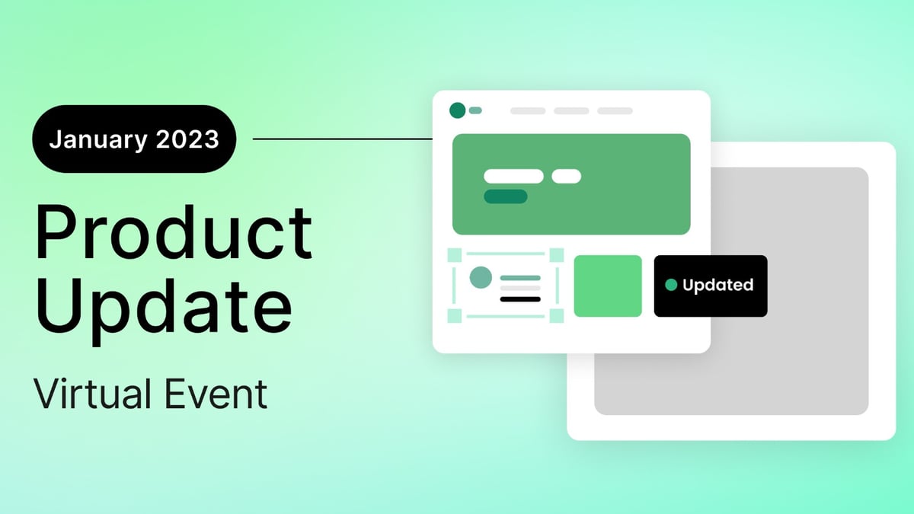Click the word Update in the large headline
tap(163, 303)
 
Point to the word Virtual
tap(90, 394)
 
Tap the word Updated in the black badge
tap(717, 286)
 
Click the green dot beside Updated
tap(671, 286)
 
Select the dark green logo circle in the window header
tap(457, 110)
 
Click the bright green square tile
tap(608, 286)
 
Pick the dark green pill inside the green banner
tap(506, 196)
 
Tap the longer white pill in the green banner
tap(513, 177)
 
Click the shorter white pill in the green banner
tap(566, 177)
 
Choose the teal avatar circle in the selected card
tap(480, 277)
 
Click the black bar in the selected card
tap(520, 299)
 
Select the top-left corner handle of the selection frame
tap(455, 254)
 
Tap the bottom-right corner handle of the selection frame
tap(556, 316)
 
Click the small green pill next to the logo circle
tap(475, 110)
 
